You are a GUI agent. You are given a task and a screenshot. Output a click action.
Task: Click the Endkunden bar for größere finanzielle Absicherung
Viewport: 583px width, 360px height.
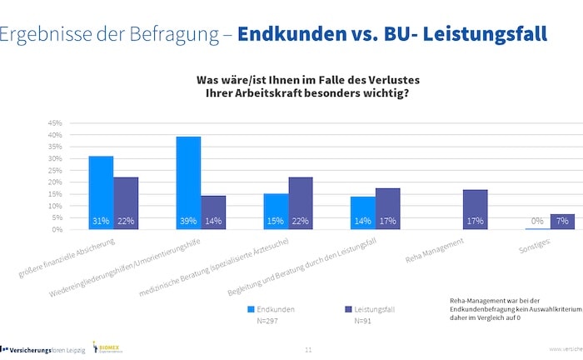101,192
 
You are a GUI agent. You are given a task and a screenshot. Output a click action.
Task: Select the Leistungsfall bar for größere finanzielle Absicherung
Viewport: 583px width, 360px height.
126,203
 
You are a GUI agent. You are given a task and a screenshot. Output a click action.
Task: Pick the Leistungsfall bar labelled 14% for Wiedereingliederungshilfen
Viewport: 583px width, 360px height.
213,212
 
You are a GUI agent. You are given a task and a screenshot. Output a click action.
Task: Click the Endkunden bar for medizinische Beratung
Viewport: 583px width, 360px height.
276,212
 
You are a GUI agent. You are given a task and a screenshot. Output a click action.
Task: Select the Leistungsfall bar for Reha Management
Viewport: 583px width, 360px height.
476,209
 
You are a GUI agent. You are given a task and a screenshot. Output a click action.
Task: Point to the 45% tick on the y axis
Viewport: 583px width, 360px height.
55,122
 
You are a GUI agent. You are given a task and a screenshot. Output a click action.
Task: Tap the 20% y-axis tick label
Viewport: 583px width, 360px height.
55,182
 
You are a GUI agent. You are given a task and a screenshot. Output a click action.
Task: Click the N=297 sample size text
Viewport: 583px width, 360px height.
268,320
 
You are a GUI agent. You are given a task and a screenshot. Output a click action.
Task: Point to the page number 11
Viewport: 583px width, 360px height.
308,350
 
